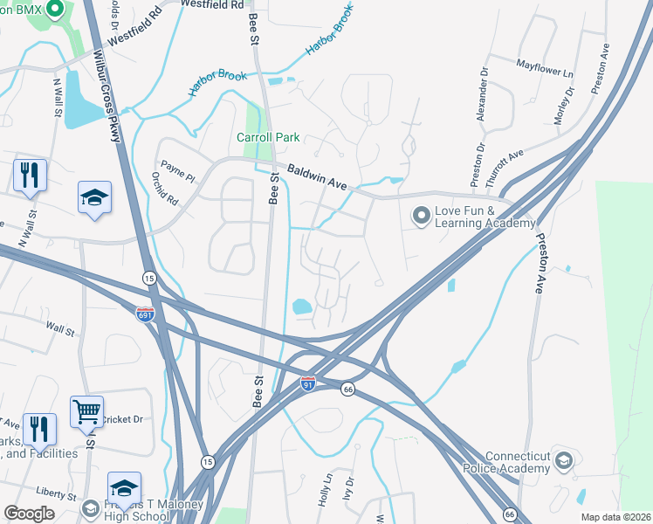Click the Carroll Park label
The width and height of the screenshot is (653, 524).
pyautogui.click(x=268, y=137)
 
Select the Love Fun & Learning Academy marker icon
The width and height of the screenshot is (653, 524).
pyautogui.click(x=423, y=214)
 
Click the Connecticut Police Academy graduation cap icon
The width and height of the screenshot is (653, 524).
pyautogui.click(x=564, y=459)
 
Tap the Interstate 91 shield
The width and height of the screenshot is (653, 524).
pyautogui.click(x=307, y=383)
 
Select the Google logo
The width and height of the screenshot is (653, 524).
pyautogui.click(x=29, y=514)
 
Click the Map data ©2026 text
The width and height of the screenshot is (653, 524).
pyautogui.click(x=615, y=517)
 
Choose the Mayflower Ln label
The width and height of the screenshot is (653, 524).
pyautogui.click(x=545, y=65)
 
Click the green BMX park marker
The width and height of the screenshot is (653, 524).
pyautogui.click(x=55, y=10)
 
